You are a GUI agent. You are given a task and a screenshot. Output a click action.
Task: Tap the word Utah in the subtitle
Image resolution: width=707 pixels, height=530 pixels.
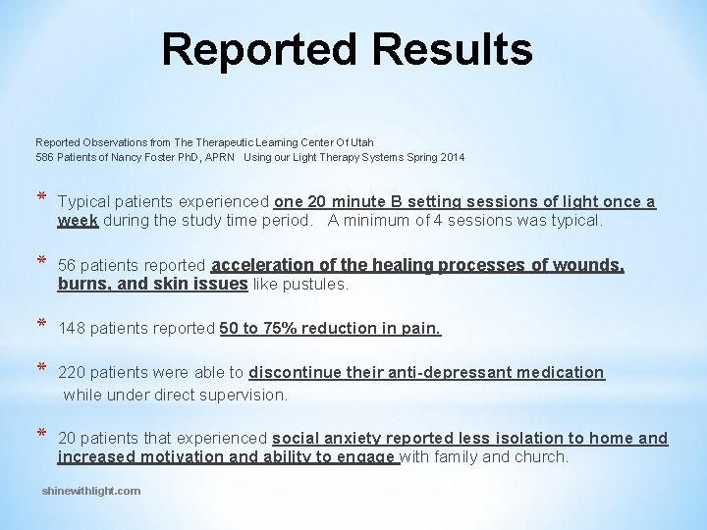[x=362, y=142]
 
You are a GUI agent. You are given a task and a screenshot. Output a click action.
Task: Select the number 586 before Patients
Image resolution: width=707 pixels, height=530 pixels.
[x=44, y=157]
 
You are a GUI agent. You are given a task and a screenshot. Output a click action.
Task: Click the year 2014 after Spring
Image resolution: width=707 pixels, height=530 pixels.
[x=453, y=157]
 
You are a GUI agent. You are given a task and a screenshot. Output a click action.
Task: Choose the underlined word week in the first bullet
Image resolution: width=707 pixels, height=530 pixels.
[x=78, y=221]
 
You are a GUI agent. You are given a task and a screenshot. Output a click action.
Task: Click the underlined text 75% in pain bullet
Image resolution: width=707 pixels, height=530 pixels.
[x=279, y=329]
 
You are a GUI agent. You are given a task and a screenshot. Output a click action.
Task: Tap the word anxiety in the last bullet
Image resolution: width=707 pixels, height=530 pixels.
[x=351, y=439]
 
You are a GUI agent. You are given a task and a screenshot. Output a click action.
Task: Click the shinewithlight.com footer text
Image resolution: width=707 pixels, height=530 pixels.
[x=91, y=491]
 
